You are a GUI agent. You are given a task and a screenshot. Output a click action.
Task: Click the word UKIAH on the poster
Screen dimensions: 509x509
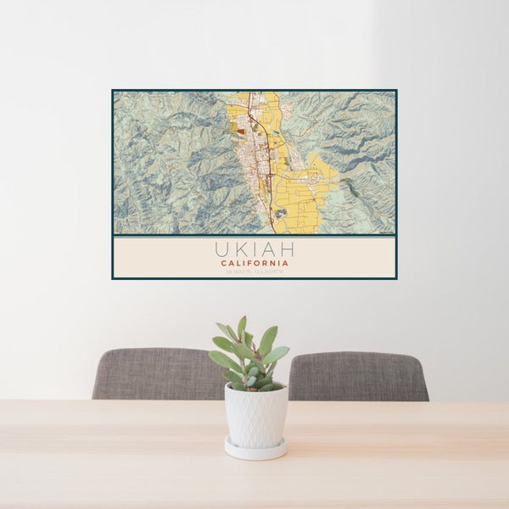(255, 249)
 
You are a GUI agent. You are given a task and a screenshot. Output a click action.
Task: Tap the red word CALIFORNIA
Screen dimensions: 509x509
(255, 263)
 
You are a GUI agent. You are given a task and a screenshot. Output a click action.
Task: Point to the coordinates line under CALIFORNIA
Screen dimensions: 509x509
(255, 271)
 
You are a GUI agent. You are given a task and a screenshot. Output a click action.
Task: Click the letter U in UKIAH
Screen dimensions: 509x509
(222, 249)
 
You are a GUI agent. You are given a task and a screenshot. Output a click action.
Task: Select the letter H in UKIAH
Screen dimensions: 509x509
(287, 249)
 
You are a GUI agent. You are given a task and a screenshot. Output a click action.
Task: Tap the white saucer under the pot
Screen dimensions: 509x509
(255, 450)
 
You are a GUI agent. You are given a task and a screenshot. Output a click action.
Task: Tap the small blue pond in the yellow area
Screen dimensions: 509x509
(282, 213)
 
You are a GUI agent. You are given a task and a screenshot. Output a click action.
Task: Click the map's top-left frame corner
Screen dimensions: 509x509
(113, 91)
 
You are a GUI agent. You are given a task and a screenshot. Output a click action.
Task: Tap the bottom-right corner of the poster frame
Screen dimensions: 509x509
(396, 278)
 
